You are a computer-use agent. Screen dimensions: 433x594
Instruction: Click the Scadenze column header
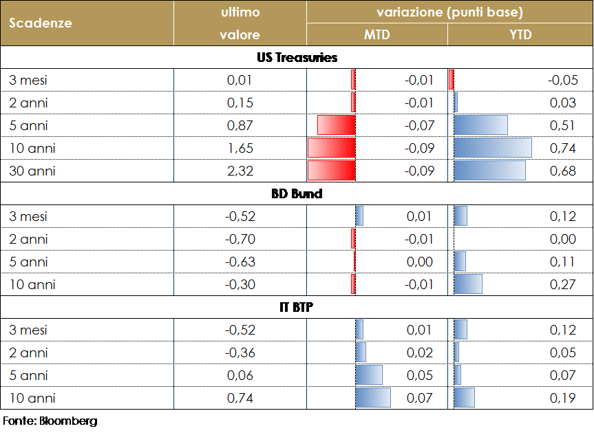[x=41, y=23]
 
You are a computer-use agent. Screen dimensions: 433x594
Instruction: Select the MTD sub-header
[x=376, y=35]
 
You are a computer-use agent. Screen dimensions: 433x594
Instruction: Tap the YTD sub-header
[x=521, y=35]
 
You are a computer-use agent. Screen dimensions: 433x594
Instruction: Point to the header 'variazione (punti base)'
[x=449, y=12]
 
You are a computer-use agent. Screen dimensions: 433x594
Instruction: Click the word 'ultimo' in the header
[x=240, y=12]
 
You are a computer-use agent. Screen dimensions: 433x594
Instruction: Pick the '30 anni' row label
[x=32, y=171]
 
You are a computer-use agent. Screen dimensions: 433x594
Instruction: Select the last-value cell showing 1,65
[x=240, y=148]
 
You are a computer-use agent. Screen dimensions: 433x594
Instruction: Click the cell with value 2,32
[x=240, y=171]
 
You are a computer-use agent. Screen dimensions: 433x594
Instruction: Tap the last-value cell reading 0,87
[x=240, y=125]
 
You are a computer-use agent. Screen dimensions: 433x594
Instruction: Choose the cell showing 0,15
[x=240, y=103]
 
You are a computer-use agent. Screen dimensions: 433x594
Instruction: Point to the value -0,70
[x=240, y=239]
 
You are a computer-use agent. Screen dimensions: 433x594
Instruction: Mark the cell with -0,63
[x=240, y=262]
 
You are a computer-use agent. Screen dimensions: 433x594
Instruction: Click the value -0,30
[x=240, y=284]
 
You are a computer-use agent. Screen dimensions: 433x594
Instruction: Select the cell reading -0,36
[x=240, y=352]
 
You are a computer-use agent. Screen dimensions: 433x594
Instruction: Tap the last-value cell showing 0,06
[x=240, y=375]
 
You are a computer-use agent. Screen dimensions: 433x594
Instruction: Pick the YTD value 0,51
[x=563, y=125]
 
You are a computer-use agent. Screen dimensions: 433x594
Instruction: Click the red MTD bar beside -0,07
[x=336, y=125]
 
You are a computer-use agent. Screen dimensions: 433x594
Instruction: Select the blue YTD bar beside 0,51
[x=480, y=125]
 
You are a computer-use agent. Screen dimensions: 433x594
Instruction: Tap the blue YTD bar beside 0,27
[x=468, y=284]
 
